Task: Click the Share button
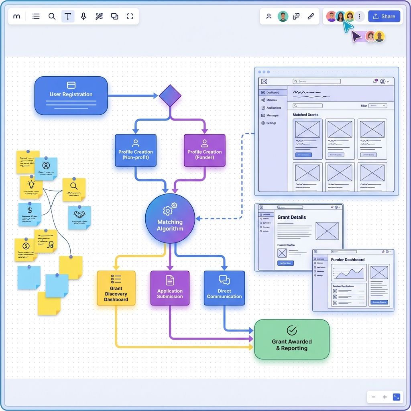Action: pyautogui.click(x=384, y=16)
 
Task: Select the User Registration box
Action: pyautogui.click(x=71, y=96)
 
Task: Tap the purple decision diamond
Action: pyautogui.click(x=170, y=96)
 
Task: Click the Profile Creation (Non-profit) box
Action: pyautogui.click(x=136, y=151)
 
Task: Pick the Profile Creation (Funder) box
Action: pyautogui.click(x=205, y=151)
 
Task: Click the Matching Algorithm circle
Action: pyautogui.click(x=170, y=219)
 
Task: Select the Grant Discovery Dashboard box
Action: pyautogui.click(x=116, y=288)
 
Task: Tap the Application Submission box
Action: pyautogui.click(x=170, y=288)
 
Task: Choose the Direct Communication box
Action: pyautogui.click(x=224, y=288)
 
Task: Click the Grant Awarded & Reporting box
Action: pyautogui.click(x=292, y=340)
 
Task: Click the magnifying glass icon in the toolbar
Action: pyautogui.click(x=52, y=16)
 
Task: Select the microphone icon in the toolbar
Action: pyautogui.click(x=83, y=16)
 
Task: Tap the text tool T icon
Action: pyautogui.click(x=68, y=16)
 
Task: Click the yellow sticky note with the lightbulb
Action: pyautogui.click(x=31, y=187)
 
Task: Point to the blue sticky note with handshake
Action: pyautogui.click(x=79, y=217)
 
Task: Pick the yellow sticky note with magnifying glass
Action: pyautogui.click(x=74, y=189)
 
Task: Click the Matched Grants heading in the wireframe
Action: pyautogui.click(x=305, y=115)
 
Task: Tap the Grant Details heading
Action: pyautogui.click(x=292, y=217)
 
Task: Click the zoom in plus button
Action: pyautogui.click(x=385, y=397)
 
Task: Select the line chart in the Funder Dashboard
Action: pyautogui.click(x=349, y=274)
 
